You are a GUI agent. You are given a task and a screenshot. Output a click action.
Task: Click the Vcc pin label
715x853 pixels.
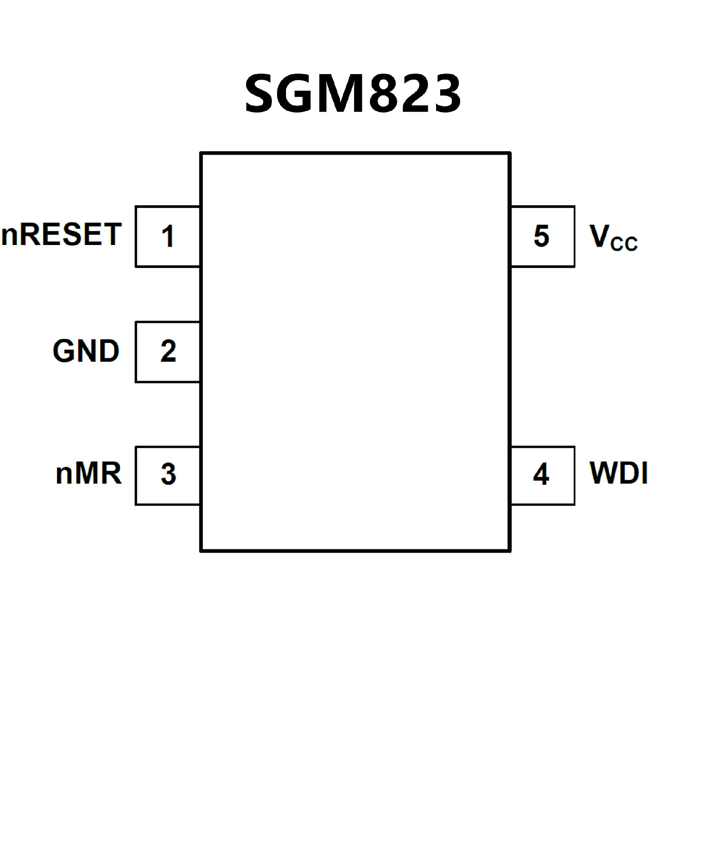(x=613, y=238)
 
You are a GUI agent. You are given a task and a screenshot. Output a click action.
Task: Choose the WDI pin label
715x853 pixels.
(x=618, y=473)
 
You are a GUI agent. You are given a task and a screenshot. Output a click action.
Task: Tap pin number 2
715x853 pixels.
(x=168, y=351)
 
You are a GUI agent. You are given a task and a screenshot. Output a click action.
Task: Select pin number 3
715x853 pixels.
(x=168, y=474)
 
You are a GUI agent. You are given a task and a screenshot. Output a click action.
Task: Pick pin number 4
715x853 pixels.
(x=541, y=474)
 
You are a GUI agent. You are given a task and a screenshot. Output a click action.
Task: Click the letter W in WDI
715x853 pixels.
(x=603, y=473)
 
